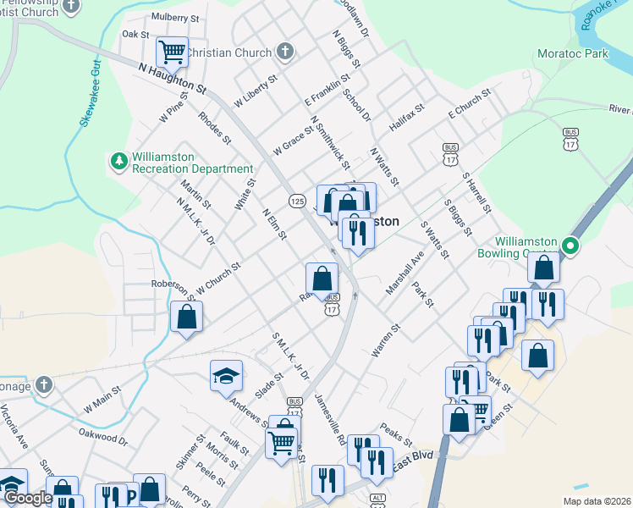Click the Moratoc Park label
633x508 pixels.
click(573, 53)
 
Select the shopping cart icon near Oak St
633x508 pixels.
click(172, 52)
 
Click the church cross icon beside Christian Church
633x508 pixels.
click(285, 52)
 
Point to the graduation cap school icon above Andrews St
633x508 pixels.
click(226, 375)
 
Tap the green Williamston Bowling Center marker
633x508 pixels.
click(571, 247)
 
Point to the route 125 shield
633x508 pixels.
click(296, 201)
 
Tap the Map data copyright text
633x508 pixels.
click(595, 500)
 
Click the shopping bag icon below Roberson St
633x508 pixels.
click(186, 317)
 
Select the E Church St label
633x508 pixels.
click(470, 102)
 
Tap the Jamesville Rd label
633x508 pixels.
click(329, 420)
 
